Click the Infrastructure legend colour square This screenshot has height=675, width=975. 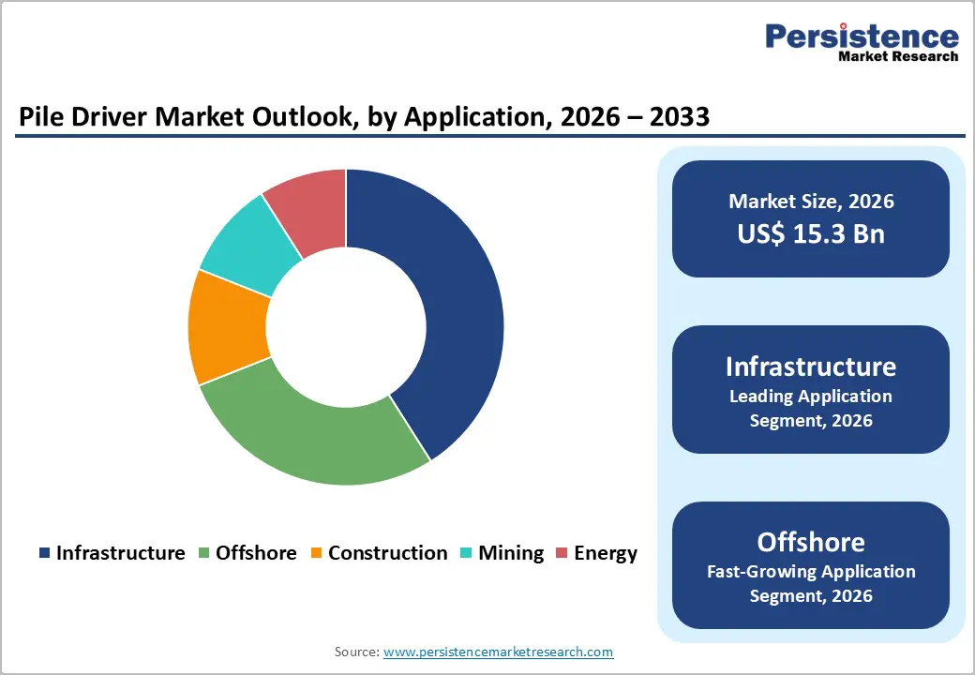click(44, 553)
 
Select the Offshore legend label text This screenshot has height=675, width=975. click(256, 553)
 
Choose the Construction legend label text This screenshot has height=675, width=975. click(387, 553)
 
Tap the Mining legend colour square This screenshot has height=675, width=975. click(466, 553)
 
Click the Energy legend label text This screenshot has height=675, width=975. click(606, 553)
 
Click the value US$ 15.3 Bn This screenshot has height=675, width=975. click(811, 233)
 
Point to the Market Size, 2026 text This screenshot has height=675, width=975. click(811, 202)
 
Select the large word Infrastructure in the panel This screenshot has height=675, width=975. click(811, 366)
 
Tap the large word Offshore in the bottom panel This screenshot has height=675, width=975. click(811, 542)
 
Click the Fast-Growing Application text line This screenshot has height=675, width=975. click(811, 571)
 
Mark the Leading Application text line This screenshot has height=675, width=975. click(811, 396)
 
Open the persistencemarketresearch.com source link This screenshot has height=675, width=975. click(499, 652)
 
